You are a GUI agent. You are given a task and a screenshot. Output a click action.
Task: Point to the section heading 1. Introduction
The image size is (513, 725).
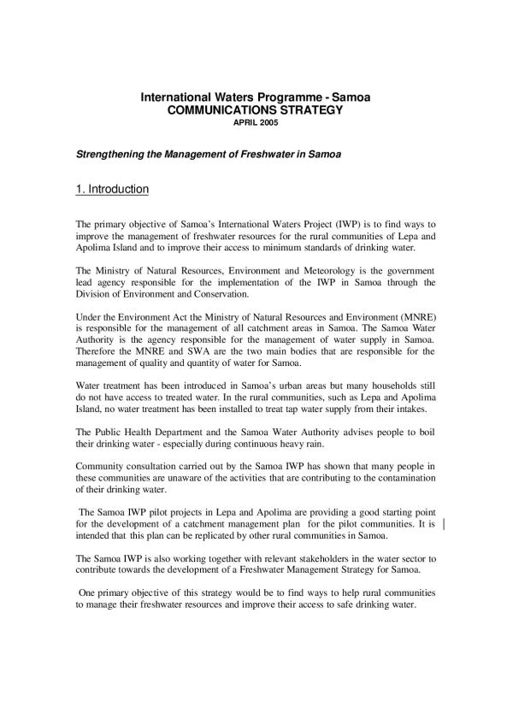pos(113,189)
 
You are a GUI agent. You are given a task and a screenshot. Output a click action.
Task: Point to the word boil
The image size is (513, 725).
pos(427,432)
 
